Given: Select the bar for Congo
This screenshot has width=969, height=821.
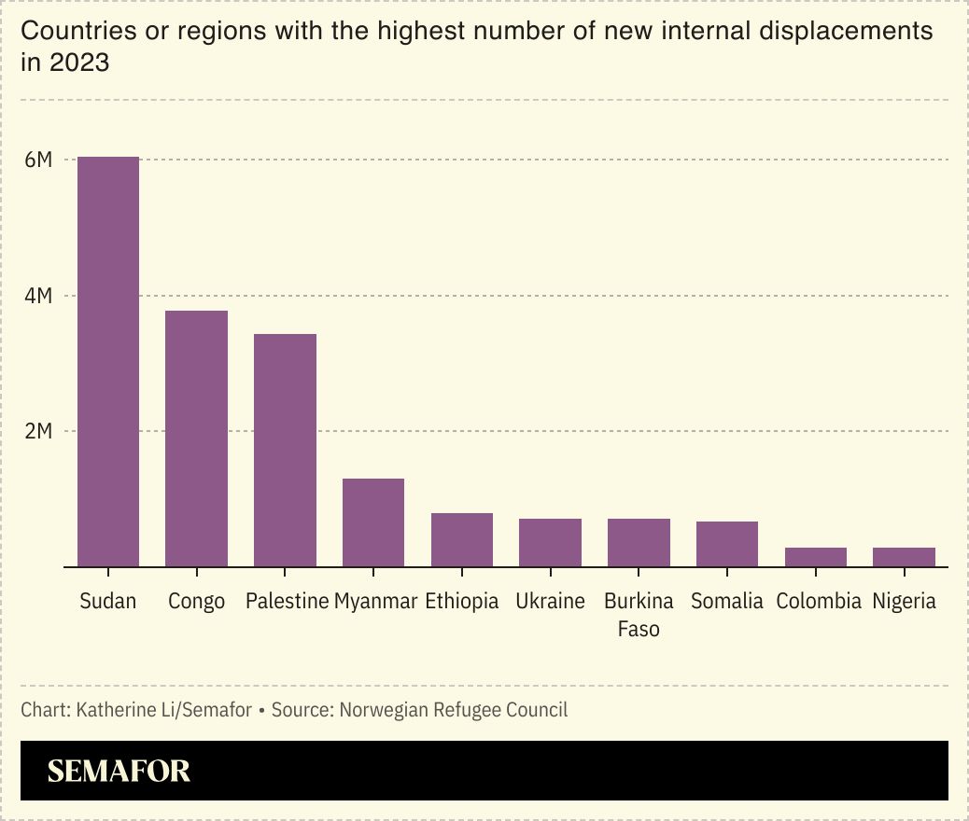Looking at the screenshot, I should pyautogui.click(x=197, y=438).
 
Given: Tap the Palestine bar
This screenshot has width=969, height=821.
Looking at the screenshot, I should pyautogui.click(x=285, y=450).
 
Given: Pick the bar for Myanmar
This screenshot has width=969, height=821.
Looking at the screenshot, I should pyautogui.click(x=373, y=522).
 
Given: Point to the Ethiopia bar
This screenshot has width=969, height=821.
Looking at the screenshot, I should pyautogui.click(x=462, y=540).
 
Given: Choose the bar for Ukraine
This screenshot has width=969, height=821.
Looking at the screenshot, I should pyautogui.click(x=551, y=543).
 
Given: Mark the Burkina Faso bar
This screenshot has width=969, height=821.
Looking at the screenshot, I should pyautogui.click(x=639, y=543).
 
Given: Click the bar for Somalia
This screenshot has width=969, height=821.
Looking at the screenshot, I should pyautogui.click(x=727, y=544).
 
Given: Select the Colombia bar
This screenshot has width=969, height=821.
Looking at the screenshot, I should pyautogui.click(x=816, y=557).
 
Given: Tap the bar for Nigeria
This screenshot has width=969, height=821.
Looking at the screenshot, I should pyautogui.click(x=904, y=557).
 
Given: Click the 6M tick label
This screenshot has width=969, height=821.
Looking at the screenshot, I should pyautogui.click(x=37, y=160).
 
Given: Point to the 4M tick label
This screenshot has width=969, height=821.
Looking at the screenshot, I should pyautogui.click(x=37, y=297).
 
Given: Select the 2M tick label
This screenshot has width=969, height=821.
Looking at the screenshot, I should pyautogui.click(x=37, y=432).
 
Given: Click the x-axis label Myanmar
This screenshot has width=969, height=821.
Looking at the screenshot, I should pyautogui.click(x=375, y=601).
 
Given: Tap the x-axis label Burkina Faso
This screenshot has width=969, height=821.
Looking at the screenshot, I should pyautogui.click(x=639, y=615).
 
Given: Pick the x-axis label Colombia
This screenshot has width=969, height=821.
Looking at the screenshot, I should pyautogui.click(x=819, y=601).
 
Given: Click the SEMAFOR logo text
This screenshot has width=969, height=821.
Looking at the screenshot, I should pyautogui.click(x=119, y=771).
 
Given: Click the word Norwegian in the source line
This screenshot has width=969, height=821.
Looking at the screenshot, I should pyautogui.click(x=380, y=710).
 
